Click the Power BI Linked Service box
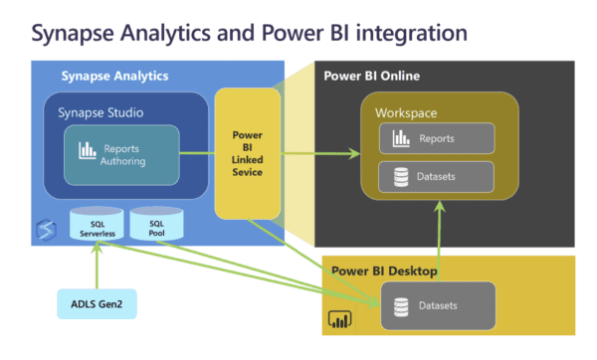(x=247, y=153)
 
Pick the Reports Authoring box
(x=122, y=154)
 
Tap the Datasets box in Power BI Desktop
(x=437, y=305)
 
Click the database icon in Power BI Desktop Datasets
(x=403, y=305)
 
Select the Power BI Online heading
(x=372, y=76)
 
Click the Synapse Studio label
(x=96, y=112)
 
